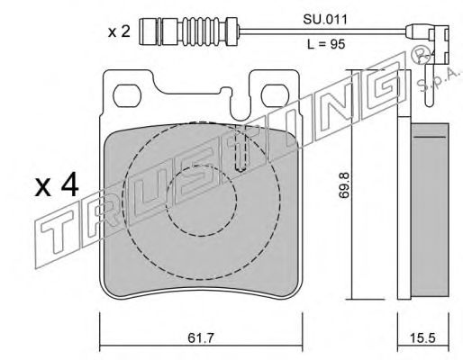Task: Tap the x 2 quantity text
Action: point(119,30)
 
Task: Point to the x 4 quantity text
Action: point(58,188)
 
